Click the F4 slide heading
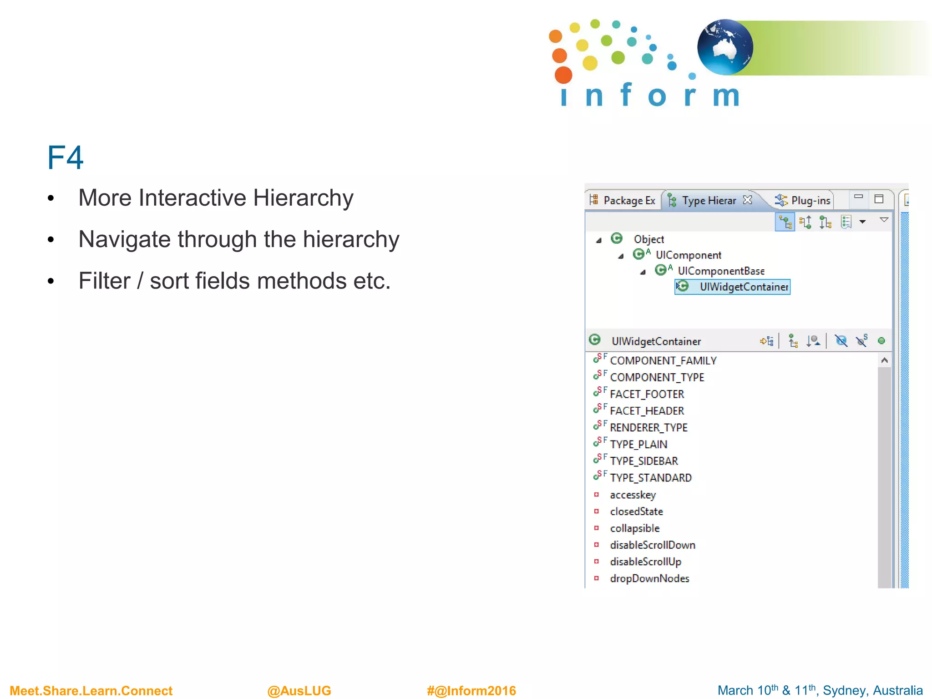(x=65, y=158)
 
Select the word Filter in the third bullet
(x=104, y=281)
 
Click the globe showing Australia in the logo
(x=724, y=47)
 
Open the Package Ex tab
(x=628, y=201)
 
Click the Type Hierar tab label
(x=708, y=201)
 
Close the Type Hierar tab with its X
(x=747, y=200)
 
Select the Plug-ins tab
(x=810, y=201)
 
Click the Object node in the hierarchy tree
(x=648, y=239)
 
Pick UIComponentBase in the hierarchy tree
(x=721, y=271)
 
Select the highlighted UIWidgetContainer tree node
(x=744, y=287)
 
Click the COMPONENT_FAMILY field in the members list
(x=663, y=361)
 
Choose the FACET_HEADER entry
(x=647, y=411)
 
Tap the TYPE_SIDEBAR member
(x=644, y=461)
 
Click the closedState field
(x=636, y=512)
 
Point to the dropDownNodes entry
(x=649, y=578)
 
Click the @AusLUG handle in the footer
(x=299, y=691)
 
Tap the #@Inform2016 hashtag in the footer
(x=471, y=691)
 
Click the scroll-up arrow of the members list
(x=884, y=360)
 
